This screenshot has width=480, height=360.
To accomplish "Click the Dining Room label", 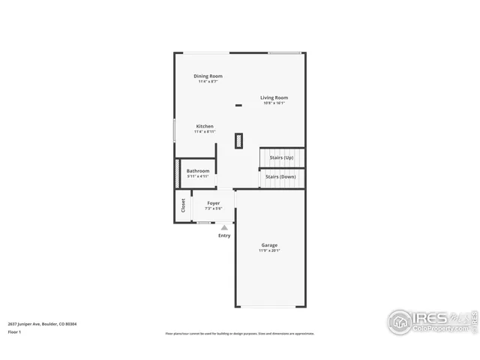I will pos(208,76).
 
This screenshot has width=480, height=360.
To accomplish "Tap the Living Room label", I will pos(274,97).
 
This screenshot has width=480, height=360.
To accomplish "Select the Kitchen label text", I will pos(205,126).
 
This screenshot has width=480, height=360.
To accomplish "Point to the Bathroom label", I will pos(198,171).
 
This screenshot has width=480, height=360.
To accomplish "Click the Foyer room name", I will pos(214,202).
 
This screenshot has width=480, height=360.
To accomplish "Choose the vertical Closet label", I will pos(183,205).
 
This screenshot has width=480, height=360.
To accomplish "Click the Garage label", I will pos(269,245).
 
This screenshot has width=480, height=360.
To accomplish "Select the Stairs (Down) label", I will pos(281,176).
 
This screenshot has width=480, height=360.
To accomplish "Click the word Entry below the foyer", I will pos(224,235).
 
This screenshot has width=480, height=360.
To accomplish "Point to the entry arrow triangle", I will pos(224,227).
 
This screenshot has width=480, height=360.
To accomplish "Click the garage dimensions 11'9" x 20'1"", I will pos(269,250).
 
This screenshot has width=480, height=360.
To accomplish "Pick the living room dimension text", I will pos(274,103).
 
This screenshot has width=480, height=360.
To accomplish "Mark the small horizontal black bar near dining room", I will pos(238,105).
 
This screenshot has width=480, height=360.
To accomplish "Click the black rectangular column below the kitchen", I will pos(239,140).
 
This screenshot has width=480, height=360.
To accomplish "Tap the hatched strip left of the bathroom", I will pos(177,174).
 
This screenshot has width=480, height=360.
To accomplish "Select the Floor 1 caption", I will pos(14,331).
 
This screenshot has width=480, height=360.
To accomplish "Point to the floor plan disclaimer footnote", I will pos(240,334).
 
